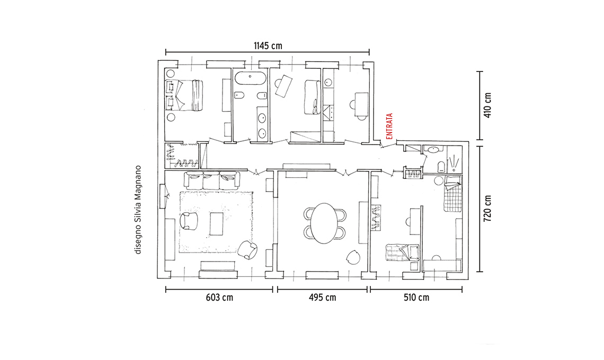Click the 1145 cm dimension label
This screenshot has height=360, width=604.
268,46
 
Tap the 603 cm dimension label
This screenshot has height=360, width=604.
219,298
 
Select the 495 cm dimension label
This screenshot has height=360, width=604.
322,298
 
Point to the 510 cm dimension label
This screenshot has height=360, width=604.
416,298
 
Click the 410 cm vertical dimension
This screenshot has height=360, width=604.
487,105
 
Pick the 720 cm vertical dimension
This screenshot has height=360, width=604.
487,208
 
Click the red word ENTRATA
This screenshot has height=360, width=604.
389,126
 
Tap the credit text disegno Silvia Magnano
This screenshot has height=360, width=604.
138,210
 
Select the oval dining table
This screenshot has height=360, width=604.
325,223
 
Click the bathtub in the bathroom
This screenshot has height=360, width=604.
250,78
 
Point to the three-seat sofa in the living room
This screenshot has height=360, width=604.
211,180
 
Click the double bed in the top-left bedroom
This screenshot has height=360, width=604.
184,95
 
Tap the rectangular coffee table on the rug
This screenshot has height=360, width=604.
216,223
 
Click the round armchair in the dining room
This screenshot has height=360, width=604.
353,257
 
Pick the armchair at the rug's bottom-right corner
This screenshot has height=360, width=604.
247,250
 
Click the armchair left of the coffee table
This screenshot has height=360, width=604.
189,221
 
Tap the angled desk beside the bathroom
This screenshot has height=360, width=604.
283,85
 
